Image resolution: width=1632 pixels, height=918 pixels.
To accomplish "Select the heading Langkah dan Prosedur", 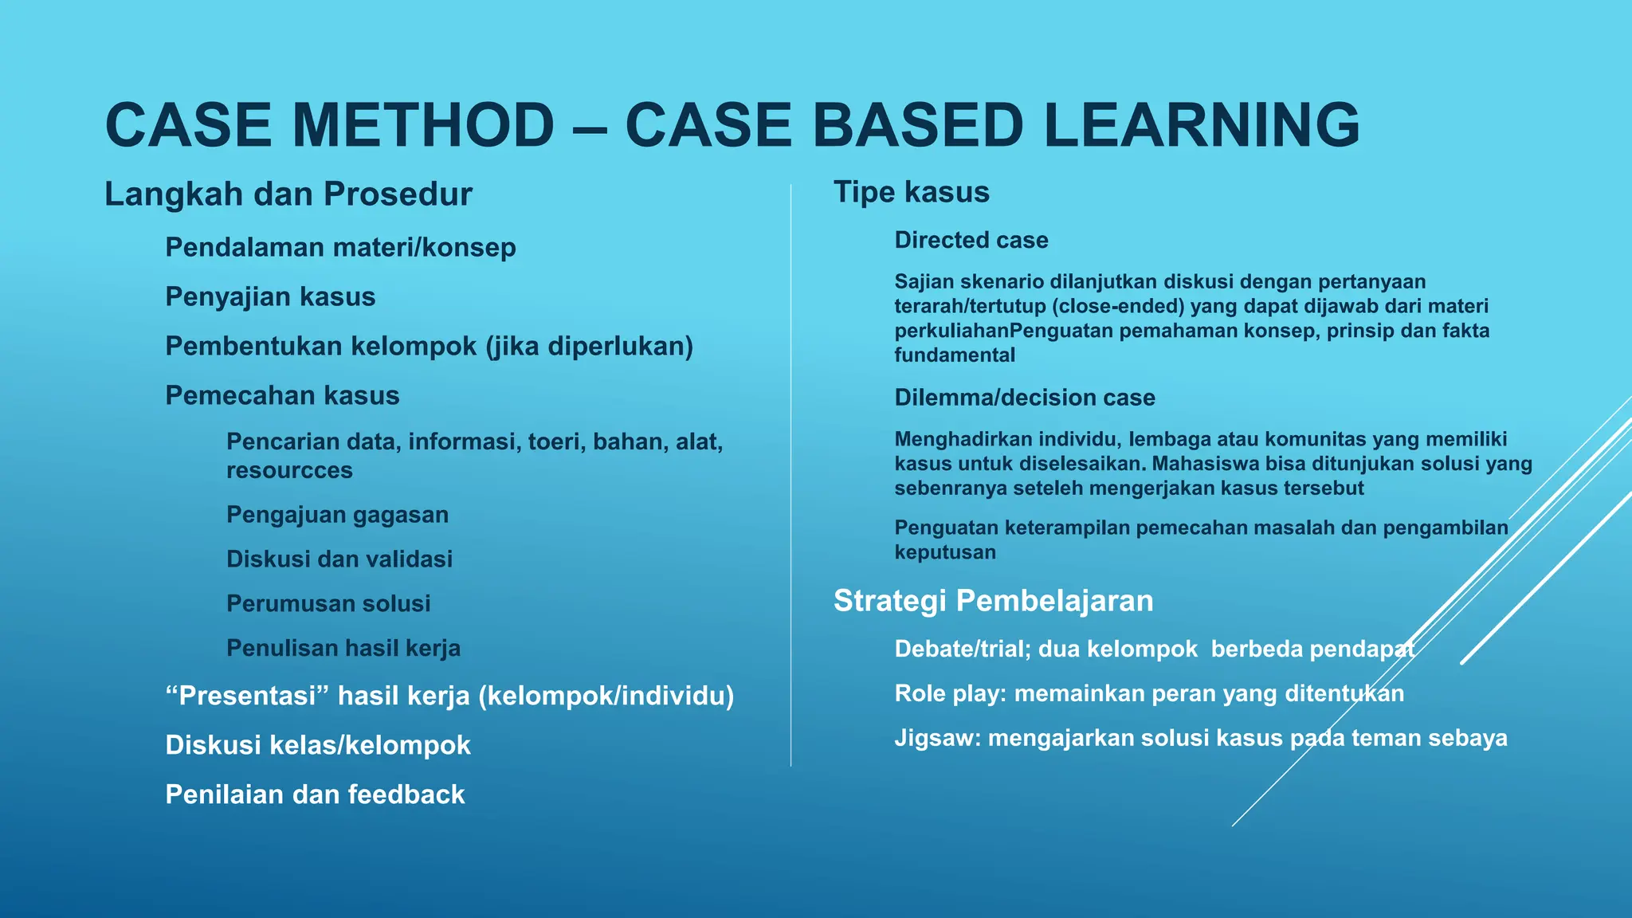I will point(288,194).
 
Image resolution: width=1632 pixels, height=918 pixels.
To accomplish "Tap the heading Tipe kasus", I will point(911,192).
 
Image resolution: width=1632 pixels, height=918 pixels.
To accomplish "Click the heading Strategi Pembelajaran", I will point(993,601).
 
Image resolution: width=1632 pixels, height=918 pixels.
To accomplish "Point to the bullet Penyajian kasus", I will point(270,297).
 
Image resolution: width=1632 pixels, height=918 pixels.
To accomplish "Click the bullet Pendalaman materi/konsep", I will point(340,248).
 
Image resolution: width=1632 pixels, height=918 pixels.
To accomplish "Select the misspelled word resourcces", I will point(289,471).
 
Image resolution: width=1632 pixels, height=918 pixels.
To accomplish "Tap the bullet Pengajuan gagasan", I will point(337,515).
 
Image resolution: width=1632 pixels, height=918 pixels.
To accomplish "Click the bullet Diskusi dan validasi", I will point(339,559).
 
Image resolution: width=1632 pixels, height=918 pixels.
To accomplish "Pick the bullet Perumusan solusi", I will point(328,604).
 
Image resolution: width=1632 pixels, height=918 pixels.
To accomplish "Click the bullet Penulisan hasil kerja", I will point(343,649).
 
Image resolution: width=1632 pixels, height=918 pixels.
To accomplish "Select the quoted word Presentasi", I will point(248,696).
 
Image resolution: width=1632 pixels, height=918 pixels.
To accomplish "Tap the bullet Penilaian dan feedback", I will point(315,794).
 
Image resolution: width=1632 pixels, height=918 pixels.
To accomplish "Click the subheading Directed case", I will point(971,241).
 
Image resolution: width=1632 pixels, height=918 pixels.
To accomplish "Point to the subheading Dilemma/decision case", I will point(1024,398).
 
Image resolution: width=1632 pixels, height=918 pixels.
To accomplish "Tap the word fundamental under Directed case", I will point(954,355).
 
